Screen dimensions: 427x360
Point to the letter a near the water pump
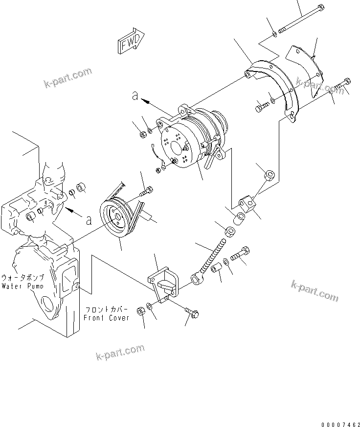(88, 220)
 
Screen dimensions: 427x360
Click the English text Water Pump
(22, 285)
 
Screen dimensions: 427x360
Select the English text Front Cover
(106, 317)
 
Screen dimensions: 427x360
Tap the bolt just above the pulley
(145, 191)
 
